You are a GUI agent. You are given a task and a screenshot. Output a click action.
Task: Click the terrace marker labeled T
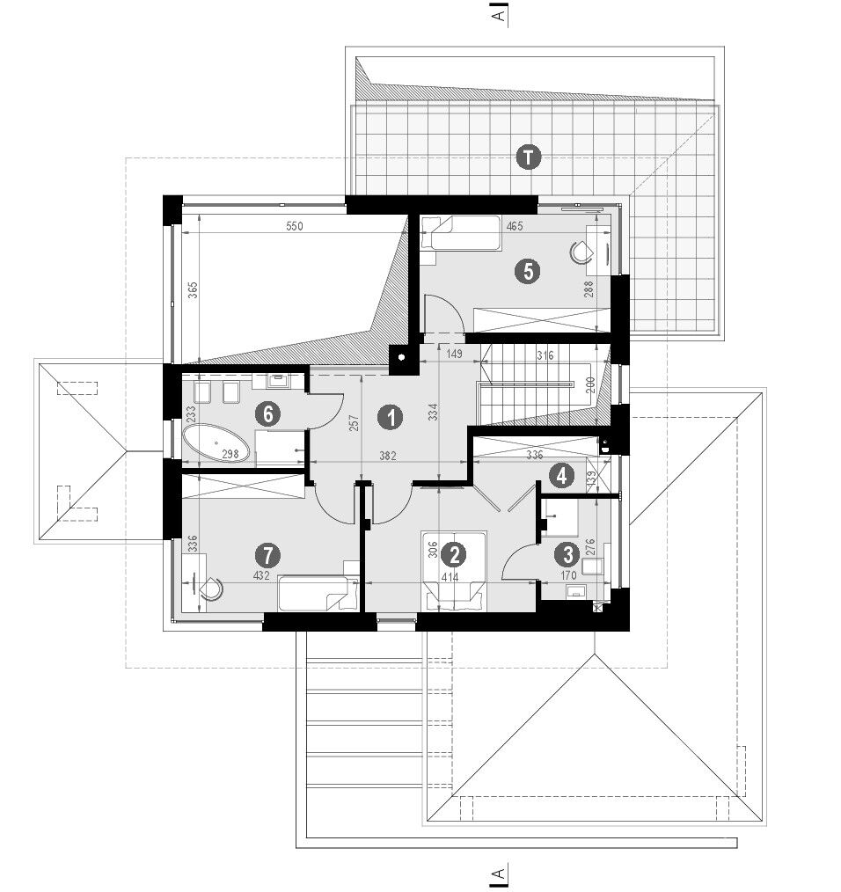(528, 157)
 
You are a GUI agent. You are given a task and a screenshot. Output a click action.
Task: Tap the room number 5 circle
(528, 271)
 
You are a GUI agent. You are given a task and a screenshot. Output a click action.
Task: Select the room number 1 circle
(391, 418)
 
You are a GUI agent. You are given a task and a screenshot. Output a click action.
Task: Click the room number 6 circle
(267, 413)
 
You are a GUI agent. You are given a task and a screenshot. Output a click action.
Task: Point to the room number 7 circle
(267, 555)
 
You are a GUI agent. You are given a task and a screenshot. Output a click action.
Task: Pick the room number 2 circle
(454, 555)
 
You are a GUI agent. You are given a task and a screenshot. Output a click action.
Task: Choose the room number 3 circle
(567, 553)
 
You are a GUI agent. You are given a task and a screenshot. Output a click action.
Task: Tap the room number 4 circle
(561, 475)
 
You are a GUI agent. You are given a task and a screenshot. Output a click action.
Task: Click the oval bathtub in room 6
(216, 443)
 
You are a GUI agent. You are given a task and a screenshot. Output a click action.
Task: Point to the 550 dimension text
(294, 226)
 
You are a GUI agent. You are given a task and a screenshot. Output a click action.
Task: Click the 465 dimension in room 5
(515, 226)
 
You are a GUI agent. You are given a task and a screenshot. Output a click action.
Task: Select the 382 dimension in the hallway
(387, 456)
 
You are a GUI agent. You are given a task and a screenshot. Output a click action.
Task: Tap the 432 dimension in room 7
(261, 575)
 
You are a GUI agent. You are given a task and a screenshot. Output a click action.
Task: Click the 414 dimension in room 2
(450, 578)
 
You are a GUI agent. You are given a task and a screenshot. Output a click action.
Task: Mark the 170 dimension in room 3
(568, 575)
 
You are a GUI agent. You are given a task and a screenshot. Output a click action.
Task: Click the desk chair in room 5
(581, 252)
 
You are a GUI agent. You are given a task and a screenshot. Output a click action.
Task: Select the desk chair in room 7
(212, 589)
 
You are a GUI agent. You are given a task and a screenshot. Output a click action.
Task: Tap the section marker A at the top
(499, 15)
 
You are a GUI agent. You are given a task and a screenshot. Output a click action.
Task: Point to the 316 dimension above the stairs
(545, 356)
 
